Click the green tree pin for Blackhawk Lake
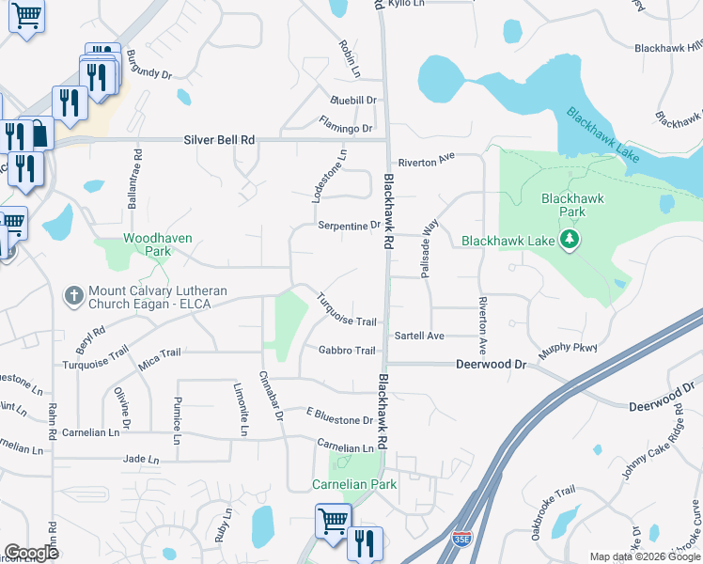(x=569, y=241)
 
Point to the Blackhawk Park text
(x=571, y=205)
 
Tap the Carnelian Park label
(x=354, y=484)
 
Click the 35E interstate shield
(x=461, y=540)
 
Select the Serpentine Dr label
(x=349, y=226)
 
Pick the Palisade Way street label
(x=430, y=248)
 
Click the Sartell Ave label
(x=418, y=336)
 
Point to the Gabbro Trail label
(x=346, y=351)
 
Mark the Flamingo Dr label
(x=345, y=128)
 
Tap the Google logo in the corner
(x=31, y=552)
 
